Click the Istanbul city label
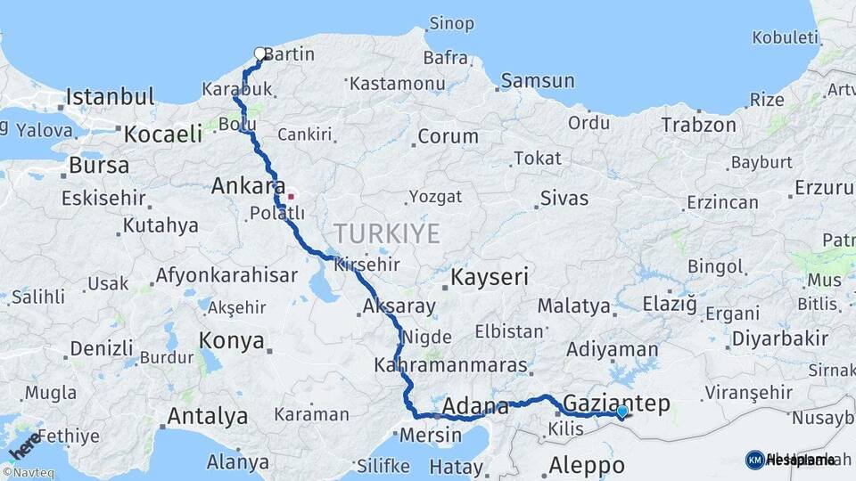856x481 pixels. point(110,96)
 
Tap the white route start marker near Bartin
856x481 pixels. point(260,53)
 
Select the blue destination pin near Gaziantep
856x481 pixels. point(621,412)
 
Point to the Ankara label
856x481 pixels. point(242,187)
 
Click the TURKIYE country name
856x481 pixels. point(387,234)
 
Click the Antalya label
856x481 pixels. point(207,415)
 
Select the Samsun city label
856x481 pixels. point(538,81)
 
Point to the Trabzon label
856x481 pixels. point(699,126)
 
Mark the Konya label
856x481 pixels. point(232,340)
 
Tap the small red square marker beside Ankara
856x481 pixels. point(291,196)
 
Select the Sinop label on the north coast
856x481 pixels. point(452,23)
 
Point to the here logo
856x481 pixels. point(23,444)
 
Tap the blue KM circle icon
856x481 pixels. point(754,460)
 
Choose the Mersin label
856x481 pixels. point(431,436)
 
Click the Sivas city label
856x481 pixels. point(564,198)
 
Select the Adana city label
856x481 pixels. point(475,406)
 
